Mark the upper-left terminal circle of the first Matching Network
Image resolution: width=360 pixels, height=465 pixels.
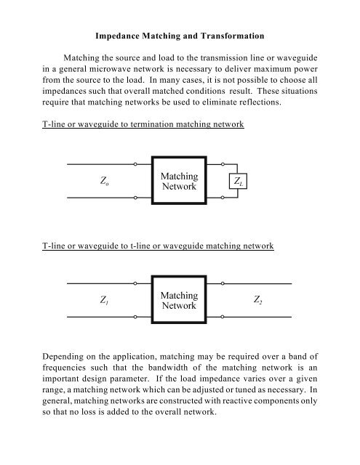137,166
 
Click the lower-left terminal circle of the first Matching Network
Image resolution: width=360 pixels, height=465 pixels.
137,198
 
